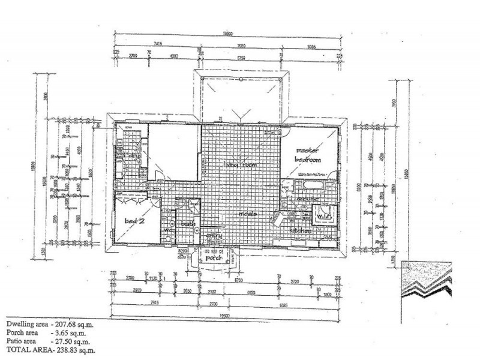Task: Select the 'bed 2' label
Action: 131,221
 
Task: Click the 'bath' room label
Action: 189,224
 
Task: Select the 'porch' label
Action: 214,257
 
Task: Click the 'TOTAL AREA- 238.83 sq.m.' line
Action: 50,348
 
